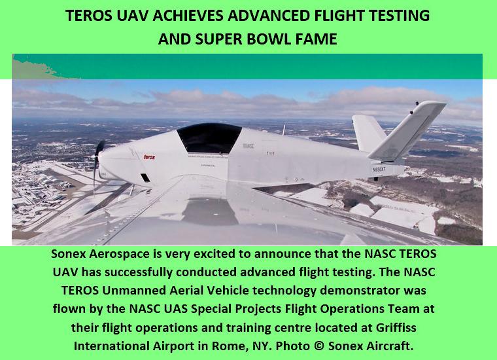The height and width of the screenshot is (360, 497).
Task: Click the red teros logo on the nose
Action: (x=149, y=156)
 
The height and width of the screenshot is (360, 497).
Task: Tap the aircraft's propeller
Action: (x=98, y=162)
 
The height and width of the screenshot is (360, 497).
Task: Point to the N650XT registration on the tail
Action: (x=379, y=170)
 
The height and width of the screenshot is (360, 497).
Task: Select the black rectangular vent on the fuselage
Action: (x=145, y=177)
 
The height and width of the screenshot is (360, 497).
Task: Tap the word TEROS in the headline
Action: (x=89, y=16)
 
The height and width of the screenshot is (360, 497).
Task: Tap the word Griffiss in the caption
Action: (x=396, y=327)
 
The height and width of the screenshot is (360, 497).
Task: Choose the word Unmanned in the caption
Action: (x=136, y=291)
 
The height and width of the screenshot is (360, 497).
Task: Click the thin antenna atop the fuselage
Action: (x=284, y=130)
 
